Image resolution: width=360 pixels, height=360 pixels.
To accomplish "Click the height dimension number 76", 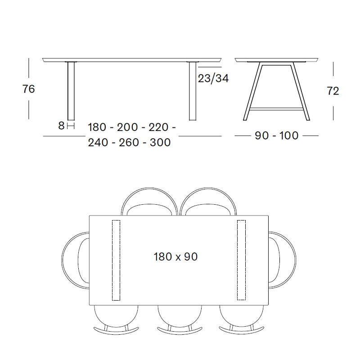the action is pos(28,89).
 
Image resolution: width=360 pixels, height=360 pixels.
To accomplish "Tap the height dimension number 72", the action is pos(333,91).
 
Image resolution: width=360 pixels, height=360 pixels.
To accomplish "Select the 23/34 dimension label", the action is pos(213,78).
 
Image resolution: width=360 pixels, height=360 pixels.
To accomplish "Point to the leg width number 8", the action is pos(61,126).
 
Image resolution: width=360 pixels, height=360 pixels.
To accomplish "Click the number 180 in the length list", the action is pos(97,127).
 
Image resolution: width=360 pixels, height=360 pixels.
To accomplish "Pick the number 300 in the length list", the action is pos(160,142).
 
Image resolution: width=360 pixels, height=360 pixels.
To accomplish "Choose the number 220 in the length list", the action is pos(159,127).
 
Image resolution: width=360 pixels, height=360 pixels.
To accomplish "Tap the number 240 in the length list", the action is pos(98,142).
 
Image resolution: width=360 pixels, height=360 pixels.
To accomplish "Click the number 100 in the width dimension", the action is pos(289,135).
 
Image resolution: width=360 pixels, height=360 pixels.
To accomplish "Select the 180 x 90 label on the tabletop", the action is pos(175,256).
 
